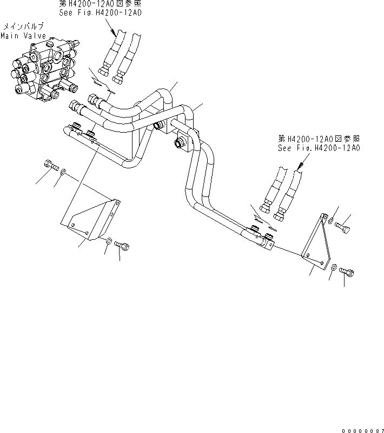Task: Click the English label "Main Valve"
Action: point(23,36)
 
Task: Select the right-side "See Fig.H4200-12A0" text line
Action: point(319,148)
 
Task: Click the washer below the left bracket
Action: point(109,240)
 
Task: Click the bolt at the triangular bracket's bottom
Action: point(348,274)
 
